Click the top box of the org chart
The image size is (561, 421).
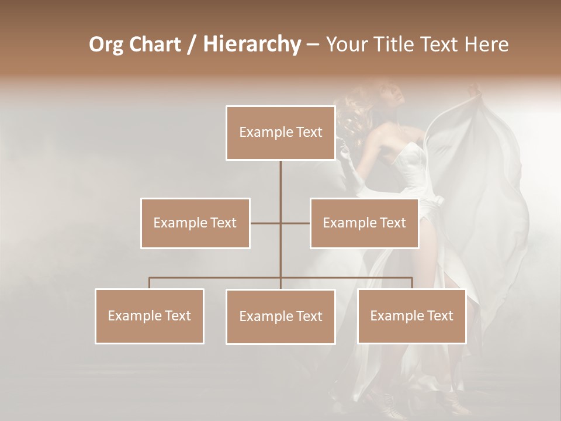(x=280, y=133)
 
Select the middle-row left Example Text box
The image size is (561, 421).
(x=195, y=223)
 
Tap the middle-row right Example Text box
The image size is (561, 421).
(x=364, y=223)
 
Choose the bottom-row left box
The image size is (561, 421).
(x=150, y=316)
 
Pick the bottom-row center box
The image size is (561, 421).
(x=280, y=316)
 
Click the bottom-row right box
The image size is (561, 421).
(x=411, y=316)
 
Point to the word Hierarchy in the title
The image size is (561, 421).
(x=251, y=44)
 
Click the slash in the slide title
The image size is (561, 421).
(x=191, y=44)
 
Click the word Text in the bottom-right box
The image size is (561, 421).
(x=439, y=316)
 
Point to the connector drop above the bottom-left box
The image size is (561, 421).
(x=150, y=283)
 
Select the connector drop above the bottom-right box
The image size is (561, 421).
(x=412, y=283)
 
